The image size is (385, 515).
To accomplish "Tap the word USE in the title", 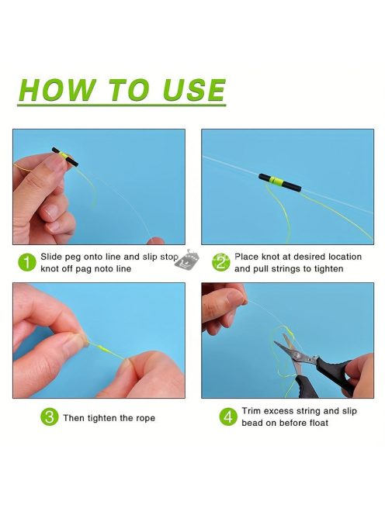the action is click(194, 90).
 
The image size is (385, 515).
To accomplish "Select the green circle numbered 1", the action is click(27, 263).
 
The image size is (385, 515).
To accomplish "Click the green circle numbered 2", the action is click(220, 262).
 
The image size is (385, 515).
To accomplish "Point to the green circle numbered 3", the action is click(50, 416).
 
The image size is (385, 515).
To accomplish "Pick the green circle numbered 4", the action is click(228, 416).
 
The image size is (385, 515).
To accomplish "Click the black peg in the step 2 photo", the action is click(279, 182).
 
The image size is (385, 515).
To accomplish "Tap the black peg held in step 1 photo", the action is click(65, 157).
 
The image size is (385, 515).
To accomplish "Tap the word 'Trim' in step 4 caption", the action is click(251, 411).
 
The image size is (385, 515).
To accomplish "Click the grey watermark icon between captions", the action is click(187, 260).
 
